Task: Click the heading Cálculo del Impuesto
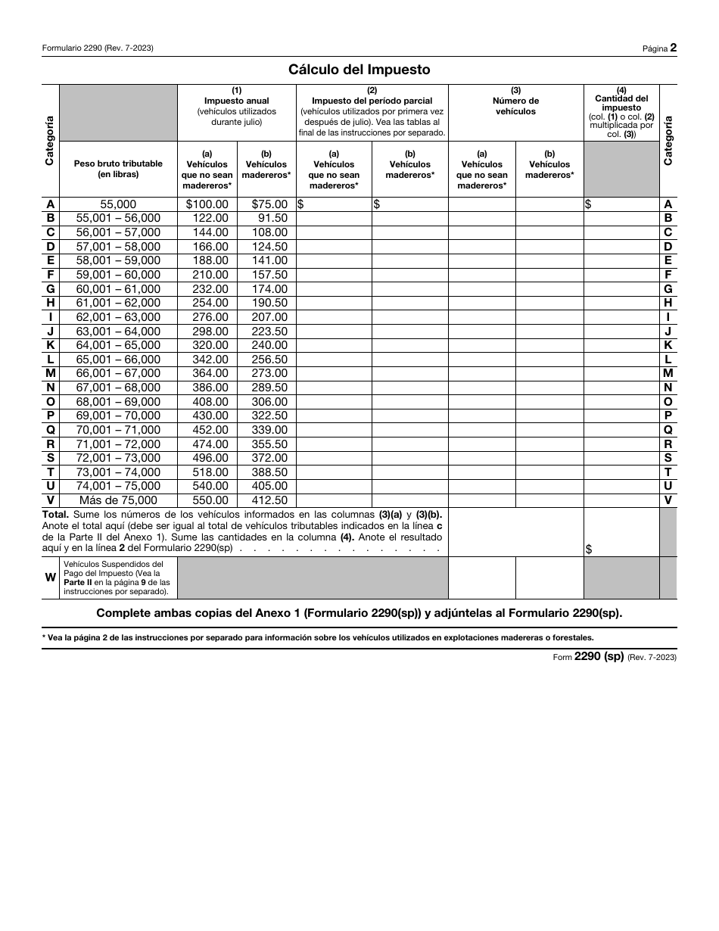point(359,70)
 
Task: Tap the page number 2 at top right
point(673,48)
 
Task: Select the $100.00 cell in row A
point(207,204)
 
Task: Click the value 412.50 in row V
point(269,500)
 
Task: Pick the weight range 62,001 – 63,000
point(118,317)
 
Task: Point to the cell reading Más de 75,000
point(118,500)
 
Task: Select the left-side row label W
point(50,577)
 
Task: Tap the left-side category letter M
point(50,373)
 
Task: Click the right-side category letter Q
point(668,430)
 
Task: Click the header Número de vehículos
point(515,106)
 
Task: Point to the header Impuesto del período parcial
point(372,101)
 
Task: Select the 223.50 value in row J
point(269,331)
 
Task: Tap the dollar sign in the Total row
point(588,550)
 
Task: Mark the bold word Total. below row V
point(56,514)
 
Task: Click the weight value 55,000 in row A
point(118,204)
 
